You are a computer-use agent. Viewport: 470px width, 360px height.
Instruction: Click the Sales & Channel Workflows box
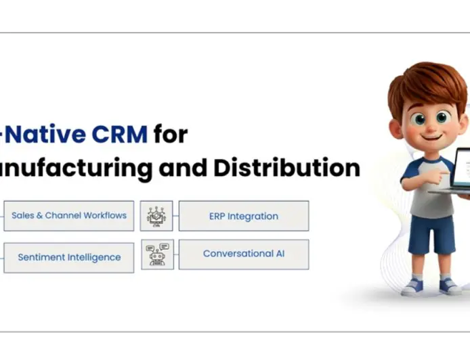tap(68, 216)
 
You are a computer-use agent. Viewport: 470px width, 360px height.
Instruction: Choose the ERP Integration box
tap(243, 216)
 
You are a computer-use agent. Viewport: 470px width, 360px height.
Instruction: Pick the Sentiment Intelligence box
tap(68, 257)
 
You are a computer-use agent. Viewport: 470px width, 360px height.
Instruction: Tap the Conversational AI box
tap(243, 254)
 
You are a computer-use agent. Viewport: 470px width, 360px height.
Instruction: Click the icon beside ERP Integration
tap(156, 216)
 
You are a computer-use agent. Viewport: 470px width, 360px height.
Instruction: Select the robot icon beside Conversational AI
tap(157, 254)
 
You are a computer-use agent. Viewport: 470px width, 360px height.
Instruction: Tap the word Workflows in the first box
tap(105, 216)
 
